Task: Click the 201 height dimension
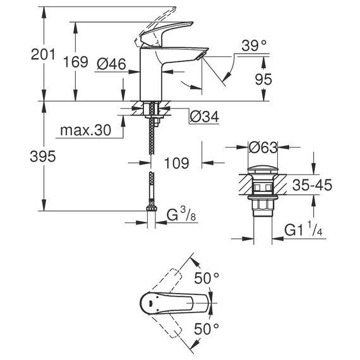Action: (43, 55)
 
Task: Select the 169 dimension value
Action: (76, 62)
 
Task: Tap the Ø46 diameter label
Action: (111, 64)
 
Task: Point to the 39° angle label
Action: (254, 45)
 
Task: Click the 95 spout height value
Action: (263, 79)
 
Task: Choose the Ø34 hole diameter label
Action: (205, 117)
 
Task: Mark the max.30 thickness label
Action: (86, 130)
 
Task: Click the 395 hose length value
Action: (43, 157)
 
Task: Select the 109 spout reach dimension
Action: (177, 163)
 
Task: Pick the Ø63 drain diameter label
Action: (263, 147)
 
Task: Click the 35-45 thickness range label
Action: (312, 185)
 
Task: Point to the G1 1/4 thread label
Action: (304, 229)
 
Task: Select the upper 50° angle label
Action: (207, 279)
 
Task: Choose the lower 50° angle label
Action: (207, 329)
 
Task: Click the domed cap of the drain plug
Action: (263, 169)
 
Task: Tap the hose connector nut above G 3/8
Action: (152, 208)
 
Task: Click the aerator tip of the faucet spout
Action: (201, 56)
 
